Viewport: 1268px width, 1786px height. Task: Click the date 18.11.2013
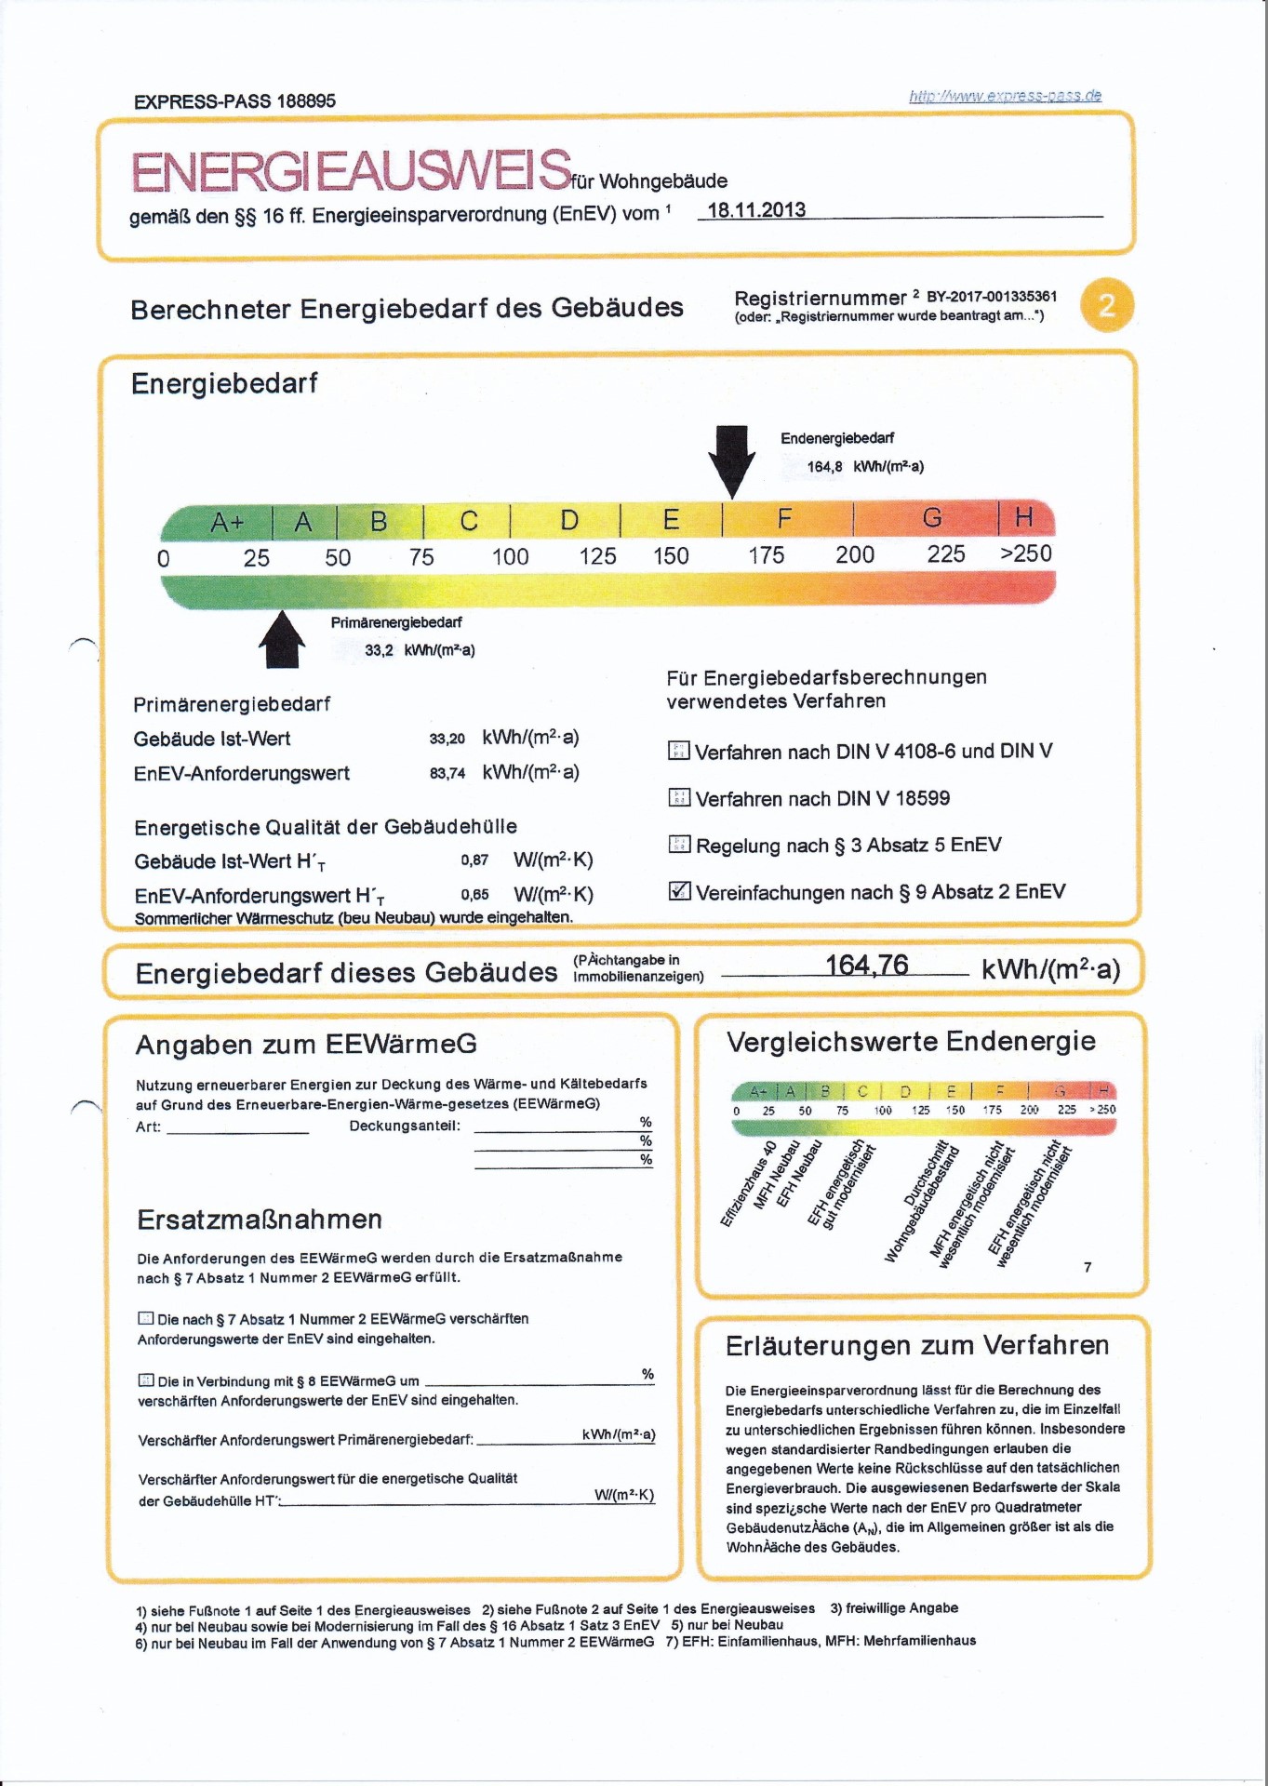[756, 210]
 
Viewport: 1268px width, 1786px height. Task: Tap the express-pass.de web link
[1005, 96]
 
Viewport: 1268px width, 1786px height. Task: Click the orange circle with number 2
[1107, 305]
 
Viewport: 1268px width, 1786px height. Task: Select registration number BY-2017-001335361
[992, 297]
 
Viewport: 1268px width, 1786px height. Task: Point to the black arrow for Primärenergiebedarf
[282, 640]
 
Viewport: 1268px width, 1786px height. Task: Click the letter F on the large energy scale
[784, 518]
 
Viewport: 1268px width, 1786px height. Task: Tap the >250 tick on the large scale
[1025, 553]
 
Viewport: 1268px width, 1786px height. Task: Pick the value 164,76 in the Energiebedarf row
[866, 966]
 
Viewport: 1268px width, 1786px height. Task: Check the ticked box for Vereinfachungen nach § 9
[679, 891]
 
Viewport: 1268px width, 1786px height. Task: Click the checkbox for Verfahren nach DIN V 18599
[679, 797]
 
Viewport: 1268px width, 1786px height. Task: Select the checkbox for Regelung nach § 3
[679, 845]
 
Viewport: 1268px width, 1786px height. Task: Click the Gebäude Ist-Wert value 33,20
[447, 739]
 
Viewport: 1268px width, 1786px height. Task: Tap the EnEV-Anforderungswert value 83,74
[447, 773]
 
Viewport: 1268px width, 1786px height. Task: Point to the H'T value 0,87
[474, 860]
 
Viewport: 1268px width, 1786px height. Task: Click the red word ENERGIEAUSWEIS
[351, 170]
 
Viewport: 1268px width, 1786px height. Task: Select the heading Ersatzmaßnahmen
[260, 1220]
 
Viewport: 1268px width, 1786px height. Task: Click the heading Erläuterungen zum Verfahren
[916, 1345]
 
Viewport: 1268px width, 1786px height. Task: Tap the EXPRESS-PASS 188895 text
[234, 101]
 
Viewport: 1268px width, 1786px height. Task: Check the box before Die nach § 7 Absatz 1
[145, 1318]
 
